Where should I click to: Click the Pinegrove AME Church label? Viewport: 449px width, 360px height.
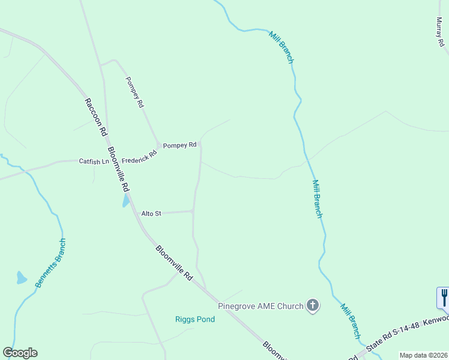pyautogui.click(x=261, y=306)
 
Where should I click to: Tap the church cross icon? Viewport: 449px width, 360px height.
pyautogui.click(x=312, y=306)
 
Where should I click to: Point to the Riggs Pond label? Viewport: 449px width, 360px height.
pyautogui.click(x=195, y=319)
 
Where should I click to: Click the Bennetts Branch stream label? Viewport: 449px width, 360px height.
pyautogui.click(x=50, y=263)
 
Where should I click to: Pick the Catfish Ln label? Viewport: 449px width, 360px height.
pyautogui.click(x=94, y=161)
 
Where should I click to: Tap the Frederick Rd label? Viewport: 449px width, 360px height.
pyautogui.click(x=139, y=157)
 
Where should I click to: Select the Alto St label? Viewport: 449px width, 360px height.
pyautogui.click(x=151, y=213)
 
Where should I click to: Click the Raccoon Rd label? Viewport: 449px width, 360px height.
pyautogui.click(x=95, y=116)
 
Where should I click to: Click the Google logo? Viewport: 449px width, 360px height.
pyautogui.click(x=20, y=352)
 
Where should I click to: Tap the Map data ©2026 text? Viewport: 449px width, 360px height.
pyautogui.click(x=423, y=355)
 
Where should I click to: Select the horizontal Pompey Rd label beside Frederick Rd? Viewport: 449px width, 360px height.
pyautogui.click(x=180, y=145)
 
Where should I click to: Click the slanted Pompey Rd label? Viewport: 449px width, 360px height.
pyautogui.click(x=134, y=92)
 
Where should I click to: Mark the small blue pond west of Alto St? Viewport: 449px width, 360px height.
pyautogui.click(x=126, y=201)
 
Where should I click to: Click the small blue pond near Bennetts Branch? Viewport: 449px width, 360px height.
pyautogui.click(x=22, y=278)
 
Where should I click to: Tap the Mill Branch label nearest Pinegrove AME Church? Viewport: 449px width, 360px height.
pyautogui.click(x=351, y=320)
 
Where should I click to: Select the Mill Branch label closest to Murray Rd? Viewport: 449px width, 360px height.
pyautogui.click(x=281, y=47)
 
